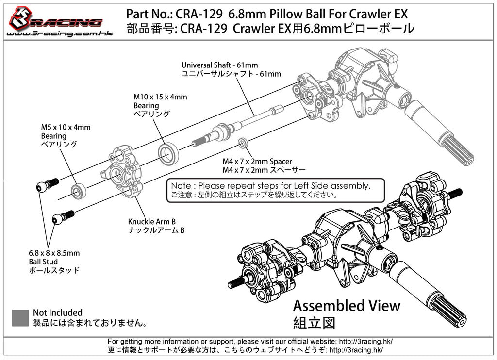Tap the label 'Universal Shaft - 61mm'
point(220,65)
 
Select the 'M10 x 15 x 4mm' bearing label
point(160,97)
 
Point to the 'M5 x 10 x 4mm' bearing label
point(66,128)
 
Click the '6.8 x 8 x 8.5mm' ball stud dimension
point(54,253)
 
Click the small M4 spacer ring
point(243,143)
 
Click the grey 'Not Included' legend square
point(20,318)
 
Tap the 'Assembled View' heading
point(347,306)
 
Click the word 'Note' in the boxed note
point(181,185)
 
